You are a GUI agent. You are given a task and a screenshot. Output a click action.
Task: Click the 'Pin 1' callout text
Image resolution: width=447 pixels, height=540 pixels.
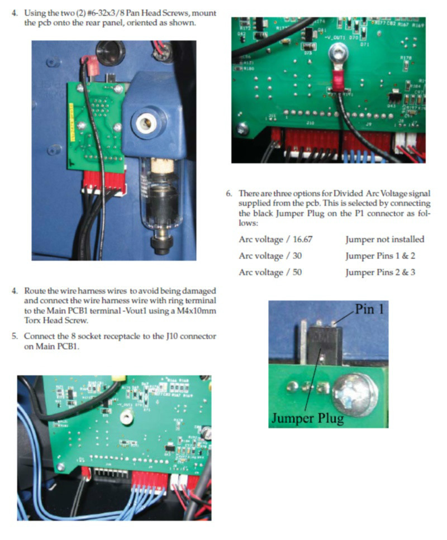click(x=369, y=309)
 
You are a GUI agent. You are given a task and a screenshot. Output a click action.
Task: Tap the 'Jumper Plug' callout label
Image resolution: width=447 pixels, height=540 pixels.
click(x=307, y=418)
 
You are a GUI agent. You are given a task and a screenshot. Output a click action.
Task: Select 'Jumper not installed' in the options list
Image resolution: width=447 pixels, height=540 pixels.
click(x=384, y=240)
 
